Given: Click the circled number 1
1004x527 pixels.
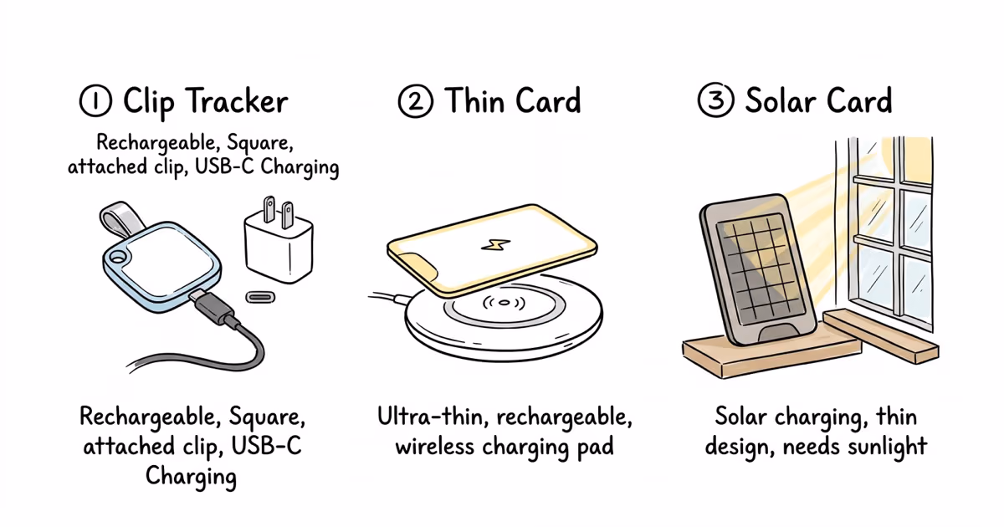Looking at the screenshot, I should click(95, 102).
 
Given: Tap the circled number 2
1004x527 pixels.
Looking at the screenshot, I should click(416, 102).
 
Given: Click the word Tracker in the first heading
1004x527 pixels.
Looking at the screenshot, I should click(238, 102).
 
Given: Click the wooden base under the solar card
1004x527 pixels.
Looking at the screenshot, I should click(770, 356).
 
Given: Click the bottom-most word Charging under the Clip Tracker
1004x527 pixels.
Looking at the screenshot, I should click(192, 476).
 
